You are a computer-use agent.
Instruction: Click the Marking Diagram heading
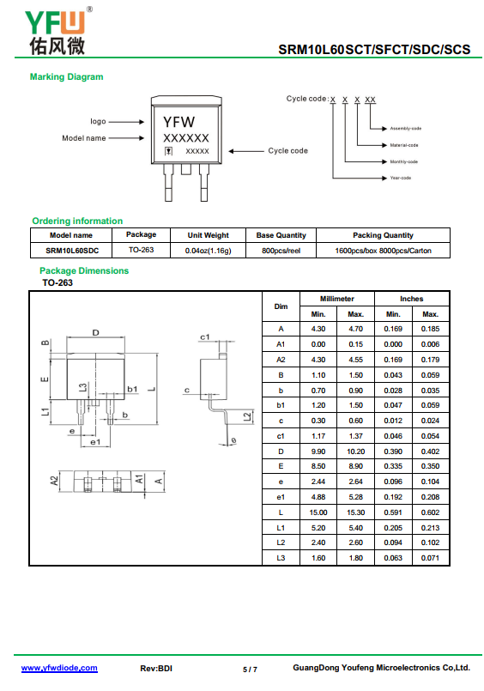[66, 76]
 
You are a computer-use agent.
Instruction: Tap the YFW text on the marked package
[178, 122]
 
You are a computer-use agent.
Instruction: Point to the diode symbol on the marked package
[168, 151]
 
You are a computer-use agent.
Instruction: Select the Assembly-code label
[406, 129]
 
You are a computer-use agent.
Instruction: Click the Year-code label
[400, 178]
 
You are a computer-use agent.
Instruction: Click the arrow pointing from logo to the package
[126, 122]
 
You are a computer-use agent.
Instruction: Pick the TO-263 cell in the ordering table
[141, 250]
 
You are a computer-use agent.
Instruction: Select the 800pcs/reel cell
[281, 251]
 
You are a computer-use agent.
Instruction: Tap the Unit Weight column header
[208, 235]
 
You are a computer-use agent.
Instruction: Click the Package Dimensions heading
[84, 270]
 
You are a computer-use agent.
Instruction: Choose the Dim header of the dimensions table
[281, 306]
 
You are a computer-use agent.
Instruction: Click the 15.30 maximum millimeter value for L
[356, 512]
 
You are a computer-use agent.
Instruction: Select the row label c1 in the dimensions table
[281, 436]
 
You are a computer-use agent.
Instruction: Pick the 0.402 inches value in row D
[430, 452]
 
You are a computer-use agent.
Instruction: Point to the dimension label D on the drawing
[95, 333]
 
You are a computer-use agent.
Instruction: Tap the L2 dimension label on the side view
[248, 416]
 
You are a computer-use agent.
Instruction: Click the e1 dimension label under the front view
[95, 442]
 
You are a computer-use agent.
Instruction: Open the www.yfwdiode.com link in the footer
[59, 668]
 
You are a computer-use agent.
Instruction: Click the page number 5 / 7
[250, 670]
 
